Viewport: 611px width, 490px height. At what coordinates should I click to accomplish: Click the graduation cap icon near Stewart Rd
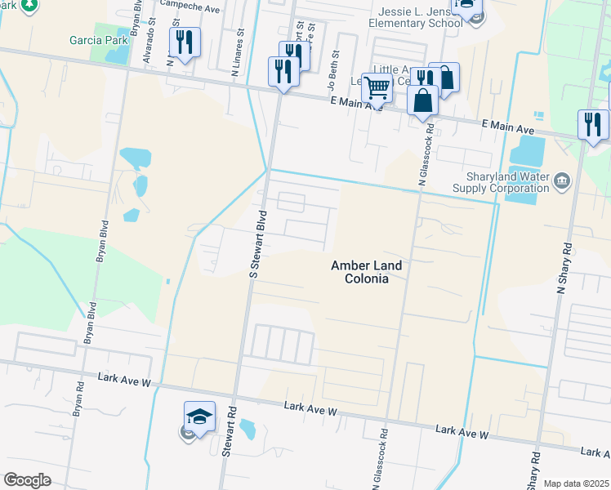click(199, 416)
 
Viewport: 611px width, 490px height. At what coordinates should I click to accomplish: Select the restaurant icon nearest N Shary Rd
click(593, 124)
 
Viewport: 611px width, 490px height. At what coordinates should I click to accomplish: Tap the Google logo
click(27, 480)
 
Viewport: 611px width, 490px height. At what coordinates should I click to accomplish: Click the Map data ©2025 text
click(576, 483)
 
